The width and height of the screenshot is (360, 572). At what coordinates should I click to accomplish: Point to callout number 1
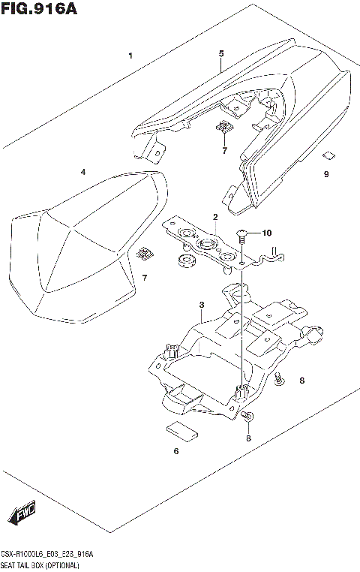click(130, 56)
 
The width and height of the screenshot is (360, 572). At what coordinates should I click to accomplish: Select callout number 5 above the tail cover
click(221, 54)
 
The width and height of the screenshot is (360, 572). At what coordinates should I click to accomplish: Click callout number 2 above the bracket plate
click(214, 218)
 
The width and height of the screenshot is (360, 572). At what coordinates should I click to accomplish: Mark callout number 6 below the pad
click(176, 451)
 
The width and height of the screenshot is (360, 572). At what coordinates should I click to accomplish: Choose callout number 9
click(326, 174)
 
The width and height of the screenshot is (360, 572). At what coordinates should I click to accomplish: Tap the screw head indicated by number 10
click(241, 234)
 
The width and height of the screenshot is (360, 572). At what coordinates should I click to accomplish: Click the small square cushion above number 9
click(327, 156)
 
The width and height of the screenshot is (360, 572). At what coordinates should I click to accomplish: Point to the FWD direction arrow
click(22, 516)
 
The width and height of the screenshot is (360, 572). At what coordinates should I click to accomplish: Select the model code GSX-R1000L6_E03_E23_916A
click(48, 553)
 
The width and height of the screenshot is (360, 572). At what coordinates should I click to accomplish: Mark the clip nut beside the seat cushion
click(146, 255)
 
